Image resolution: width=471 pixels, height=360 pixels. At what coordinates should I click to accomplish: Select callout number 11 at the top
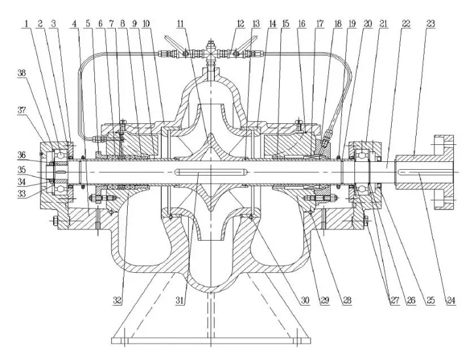[x=182, y=24]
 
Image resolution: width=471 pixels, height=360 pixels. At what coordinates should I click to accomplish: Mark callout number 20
[x=368, y=24]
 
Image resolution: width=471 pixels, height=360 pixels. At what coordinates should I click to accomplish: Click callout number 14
[x=272, y=24]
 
